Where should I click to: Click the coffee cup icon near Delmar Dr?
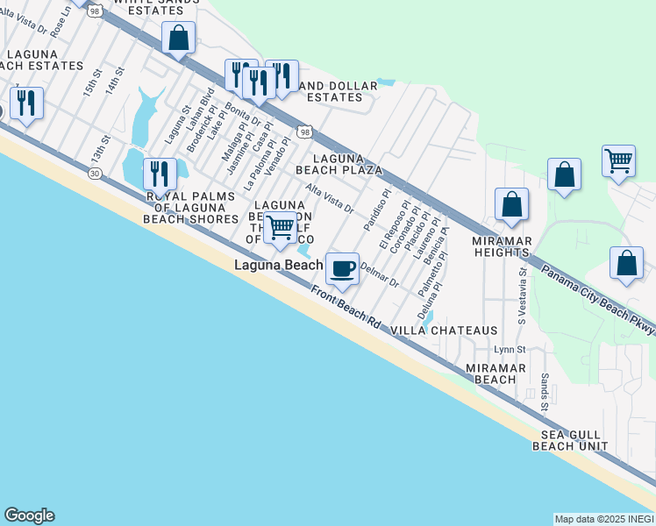tap(342, 268)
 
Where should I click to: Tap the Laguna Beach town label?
tap(277, 264)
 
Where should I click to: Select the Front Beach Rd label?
tap(346, 309)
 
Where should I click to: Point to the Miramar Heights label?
tap(502, 246)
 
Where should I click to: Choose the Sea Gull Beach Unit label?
tap(569, 440)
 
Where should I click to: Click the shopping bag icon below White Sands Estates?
tap(178, 39)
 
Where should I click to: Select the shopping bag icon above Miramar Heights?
tap(511, 205)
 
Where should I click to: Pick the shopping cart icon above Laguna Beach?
tap(281, 227)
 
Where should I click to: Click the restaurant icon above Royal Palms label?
tap(159, 173)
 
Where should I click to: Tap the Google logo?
tap(29, 515)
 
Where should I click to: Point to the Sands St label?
tap(544, 393)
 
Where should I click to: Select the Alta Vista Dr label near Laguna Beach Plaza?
tap(329, 199)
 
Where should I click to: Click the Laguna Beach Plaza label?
tap(339, 163)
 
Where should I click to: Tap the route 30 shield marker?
tap(93, 174)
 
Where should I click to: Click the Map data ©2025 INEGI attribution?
tap(603, 519)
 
